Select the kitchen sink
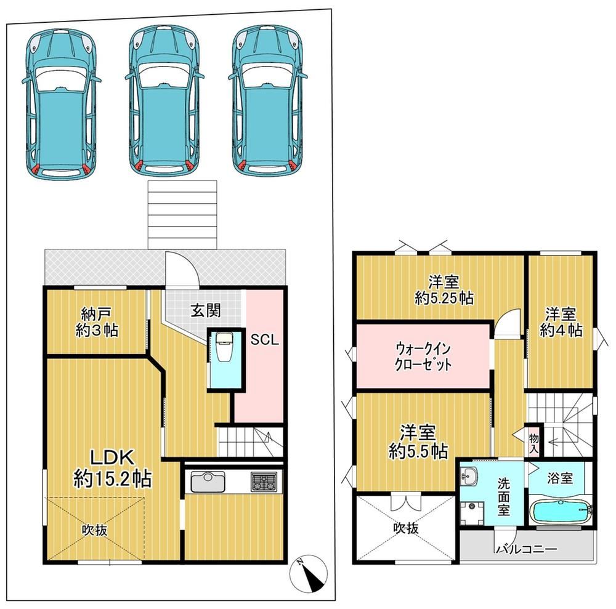click(x=208, y=482)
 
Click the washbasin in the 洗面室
click(x=468, y=477)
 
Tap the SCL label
click(x=265, y=340)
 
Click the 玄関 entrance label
click(x=206, y=310)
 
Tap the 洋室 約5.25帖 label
click(x=444, y=290)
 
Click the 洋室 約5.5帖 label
click(x=418, y=442)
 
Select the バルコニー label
click(x=527, y=549)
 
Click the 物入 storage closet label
click(x=534, y=443)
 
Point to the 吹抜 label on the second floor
click(x=406, y=528)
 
